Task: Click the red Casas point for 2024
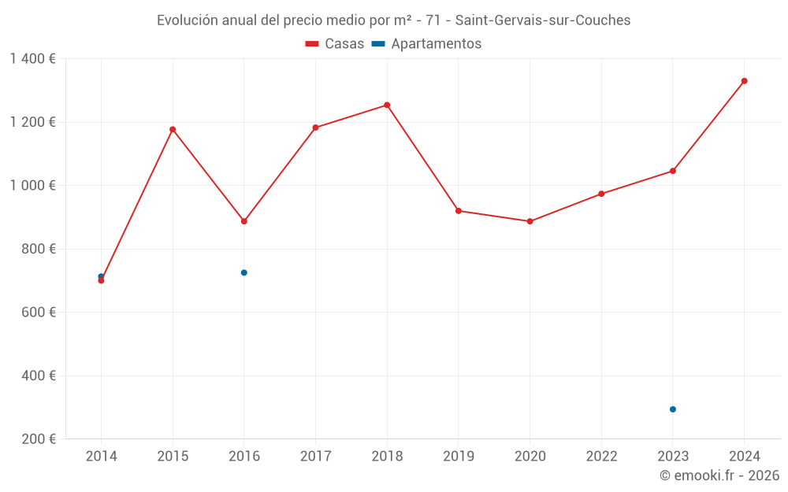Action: (744, 81)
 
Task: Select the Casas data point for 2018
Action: (387, 105)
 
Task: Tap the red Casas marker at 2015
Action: (173, 129)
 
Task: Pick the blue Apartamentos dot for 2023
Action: (673, 409)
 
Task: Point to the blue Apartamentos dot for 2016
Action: (244, 272)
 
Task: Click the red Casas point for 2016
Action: (244, 221)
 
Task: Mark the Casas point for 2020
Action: (530, 221)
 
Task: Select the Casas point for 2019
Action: (459, 211)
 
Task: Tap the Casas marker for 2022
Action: (601, 194)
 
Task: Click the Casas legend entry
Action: (335, 44)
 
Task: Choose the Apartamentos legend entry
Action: (426, 44)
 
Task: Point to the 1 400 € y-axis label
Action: (32, 59)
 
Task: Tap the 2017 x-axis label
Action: (315, 457)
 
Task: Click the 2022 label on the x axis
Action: (601, 457)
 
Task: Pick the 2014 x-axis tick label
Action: (101, 457)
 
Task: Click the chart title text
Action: (393, 20)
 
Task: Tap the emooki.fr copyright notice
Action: (719, 475)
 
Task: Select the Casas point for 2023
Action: (673, 171)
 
